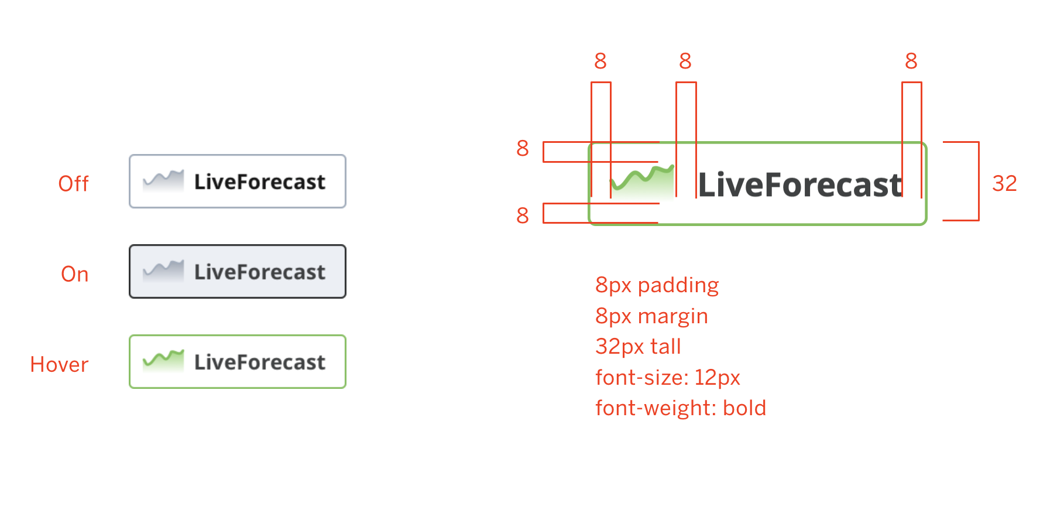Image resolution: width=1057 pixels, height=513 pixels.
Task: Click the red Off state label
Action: tap(74, 184)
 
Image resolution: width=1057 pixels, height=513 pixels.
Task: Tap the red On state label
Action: tap(75, 274)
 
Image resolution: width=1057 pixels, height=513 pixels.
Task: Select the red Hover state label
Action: tap(59, 365)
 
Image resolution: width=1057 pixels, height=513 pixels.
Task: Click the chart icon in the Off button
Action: tap(163, 180)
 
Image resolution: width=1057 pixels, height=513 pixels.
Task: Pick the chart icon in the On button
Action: tap(163, 271)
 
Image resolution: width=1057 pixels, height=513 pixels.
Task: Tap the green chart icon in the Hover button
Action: tap(163, 361)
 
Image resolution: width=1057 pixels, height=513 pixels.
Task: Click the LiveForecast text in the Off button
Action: tap(260, 182)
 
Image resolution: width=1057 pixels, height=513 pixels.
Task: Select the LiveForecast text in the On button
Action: tap(260, 272)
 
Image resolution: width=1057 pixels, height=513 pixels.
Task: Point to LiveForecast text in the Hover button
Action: tap(260, 362)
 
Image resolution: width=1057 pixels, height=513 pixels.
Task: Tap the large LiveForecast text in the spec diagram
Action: tap(801, 185)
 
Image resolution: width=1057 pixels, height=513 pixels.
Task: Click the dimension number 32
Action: tap(1004, 183)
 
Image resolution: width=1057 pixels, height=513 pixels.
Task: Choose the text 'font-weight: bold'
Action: tap(681, 408)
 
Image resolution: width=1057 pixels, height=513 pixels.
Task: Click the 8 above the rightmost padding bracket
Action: tap(911, 60)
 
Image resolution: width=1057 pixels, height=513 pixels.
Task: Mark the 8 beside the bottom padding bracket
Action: tap(523, 216)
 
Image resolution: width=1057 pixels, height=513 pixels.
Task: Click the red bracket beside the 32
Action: tap(978, 181)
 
